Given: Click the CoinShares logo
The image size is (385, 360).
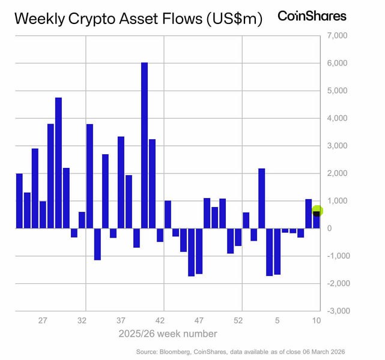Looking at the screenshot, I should (x=312, y=16).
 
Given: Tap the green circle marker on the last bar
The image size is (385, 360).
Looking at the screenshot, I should (x=318, y=211).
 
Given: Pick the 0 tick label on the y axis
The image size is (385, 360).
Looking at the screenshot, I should (x=330, y=228).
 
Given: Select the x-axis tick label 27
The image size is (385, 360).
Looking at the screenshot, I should (x=43, y=320).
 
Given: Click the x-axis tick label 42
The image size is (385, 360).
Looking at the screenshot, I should (x=160, y=320).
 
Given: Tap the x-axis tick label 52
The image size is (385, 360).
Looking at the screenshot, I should (x=238, y=320).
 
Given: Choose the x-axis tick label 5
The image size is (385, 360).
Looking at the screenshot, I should (x=277, y=320).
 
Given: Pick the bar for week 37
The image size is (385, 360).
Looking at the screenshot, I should (x=121, y=182).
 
